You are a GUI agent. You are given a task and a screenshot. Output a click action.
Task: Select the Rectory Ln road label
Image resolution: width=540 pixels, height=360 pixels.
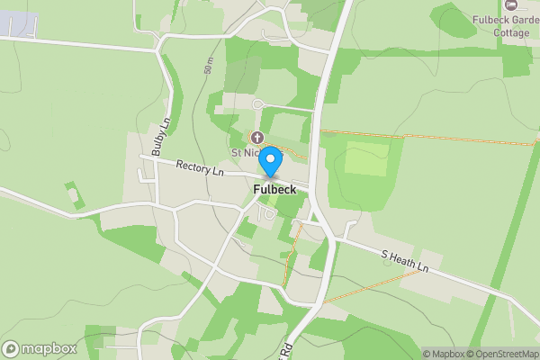coord(200,167)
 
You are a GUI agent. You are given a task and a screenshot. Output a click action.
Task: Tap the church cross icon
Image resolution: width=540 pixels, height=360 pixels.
coord(256,138)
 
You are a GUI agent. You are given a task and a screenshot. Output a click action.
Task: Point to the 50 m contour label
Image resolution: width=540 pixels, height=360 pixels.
coord(209,67)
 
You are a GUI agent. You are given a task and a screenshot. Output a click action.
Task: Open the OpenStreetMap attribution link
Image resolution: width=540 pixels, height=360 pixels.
coord(506,354)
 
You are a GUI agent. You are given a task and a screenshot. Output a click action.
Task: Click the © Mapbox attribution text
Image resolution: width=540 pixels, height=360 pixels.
coord(446,354)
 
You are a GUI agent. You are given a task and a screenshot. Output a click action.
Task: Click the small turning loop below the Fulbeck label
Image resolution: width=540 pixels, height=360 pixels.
coord(266,214)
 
